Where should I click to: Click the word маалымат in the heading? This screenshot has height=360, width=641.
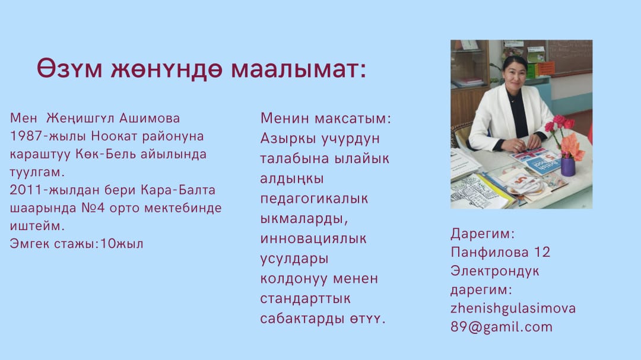tap(299, 69)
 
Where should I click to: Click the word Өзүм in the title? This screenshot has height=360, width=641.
tap(69, 68)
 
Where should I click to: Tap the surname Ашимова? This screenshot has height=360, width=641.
tap(150, 118)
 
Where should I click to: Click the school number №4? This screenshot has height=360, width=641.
tap(93, 208)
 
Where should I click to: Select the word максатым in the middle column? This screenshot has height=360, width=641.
tap(353, 119)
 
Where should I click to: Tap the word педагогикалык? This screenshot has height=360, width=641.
tap(314, 199)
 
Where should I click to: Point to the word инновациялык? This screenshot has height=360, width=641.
tap(313, 238)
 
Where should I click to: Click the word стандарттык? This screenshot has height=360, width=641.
tap(306, 299)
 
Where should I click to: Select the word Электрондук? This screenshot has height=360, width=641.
tap(494, 271)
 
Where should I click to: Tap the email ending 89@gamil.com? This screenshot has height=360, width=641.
tap(502, 327)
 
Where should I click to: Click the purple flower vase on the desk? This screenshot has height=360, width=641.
tap(568, 167)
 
